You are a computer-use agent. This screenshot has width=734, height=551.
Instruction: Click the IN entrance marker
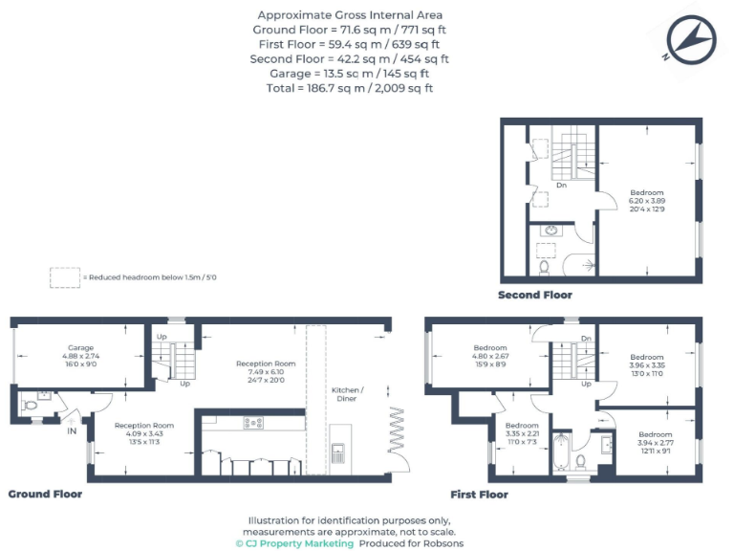[x=71, y=431]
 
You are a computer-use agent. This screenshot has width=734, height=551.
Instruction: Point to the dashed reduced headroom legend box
[x=65, y=277]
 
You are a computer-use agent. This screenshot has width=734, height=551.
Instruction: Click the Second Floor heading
[x=534, y=296]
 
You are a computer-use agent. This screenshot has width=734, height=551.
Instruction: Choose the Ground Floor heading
[x=45, y=495]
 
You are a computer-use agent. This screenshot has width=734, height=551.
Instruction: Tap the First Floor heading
[x=479, y=495]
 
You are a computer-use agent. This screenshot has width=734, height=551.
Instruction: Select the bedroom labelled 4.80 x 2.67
[x=489, y=355]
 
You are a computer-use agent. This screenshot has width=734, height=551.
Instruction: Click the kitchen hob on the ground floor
[x=254, y=423]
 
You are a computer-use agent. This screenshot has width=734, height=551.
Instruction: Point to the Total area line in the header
[x=350, y=88]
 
